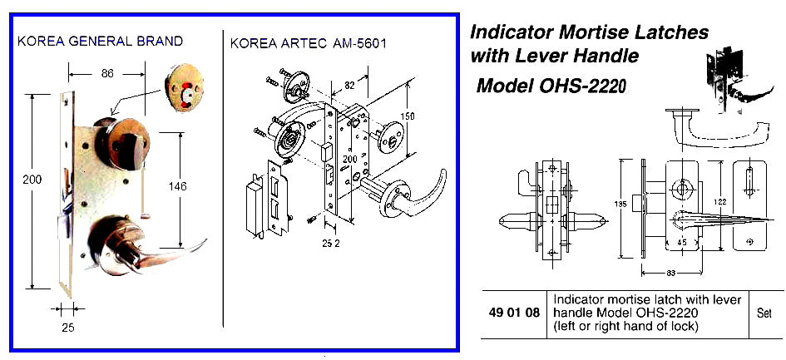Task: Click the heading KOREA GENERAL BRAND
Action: tap(100, 41)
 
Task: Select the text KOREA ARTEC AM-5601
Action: tap(309, 41)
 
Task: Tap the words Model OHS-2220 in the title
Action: tap(550, 86)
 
